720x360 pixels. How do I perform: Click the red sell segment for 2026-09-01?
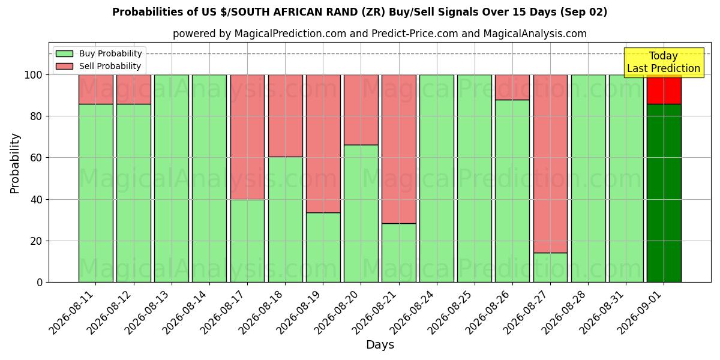click(x=664, y=89)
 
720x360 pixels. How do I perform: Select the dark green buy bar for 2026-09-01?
click(x=664, y=193)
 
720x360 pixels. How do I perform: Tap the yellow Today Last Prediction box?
click(x=664, y=62)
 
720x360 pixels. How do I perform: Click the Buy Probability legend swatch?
click(x=64, y=53)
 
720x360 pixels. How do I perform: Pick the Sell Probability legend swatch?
click(x=64, y=66)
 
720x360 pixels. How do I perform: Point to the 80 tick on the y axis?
click(x=37, y=116)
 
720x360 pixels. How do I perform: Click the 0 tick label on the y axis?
click(x=40, y=283)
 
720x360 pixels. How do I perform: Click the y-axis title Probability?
click(x=15, y=163)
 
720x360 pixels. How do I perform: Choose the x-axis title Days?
click(x=380, y=344)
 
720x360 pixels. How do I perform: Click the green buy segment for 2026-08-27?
click(x=550, y=268)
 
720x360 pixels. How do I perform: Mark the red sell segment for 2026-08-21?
click(x=399, y=149)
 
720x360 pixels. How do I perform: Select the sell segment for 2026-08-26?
click(x=512, y=87)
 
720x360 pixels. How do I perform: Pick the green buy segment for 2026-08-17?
click(x=247, y=241)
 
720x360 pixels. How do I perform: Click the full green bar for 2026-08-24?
click(x=437, y=178)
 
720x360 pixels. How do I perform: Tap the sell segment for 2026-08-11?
click(x=96, y=89)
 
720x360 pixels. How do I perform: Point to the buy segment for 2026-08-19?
click(x=323, y=247)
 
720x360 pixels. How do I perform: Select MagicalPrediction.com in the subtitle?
click(x=290, y=34)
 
